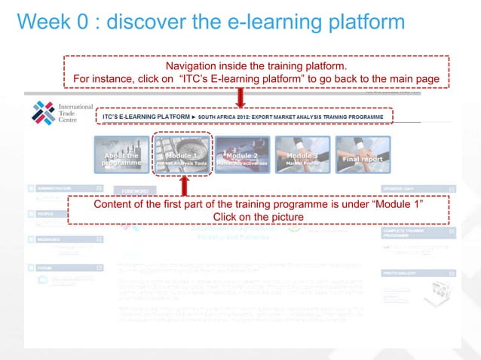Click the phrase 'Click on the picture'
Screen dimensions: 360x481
[x=259, y=218]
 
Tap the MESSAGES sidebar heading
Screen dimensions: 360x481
[x=47, y=239]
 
